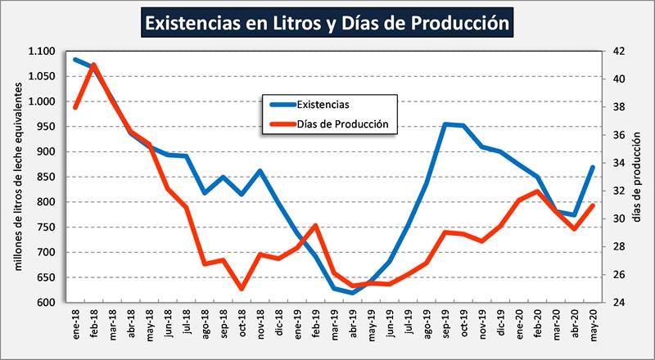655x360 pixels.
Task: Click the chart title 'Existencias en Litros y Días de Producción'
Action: click(x=327, y=22)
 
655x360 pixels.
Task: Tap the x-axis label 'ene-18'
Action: click(x=75, y=324)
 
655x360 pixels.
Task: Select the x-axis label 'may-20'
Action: click(x=592, y=324)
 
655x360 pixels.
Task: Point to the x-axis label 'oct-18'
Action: click(x=242, y=324)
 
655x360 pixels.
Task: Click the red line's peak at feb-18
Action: click(x=94, y=65)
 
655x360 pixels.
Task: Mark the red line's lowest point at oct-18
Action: click(x=242, y=289)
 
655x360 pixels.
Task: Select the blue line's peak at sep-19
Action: click(x=445, y=124)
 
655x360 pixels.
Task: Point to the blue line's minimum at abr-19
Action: click(x=353, y=293)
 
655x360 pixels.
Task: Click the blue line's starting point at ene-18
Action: click(x=75, y=59)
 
